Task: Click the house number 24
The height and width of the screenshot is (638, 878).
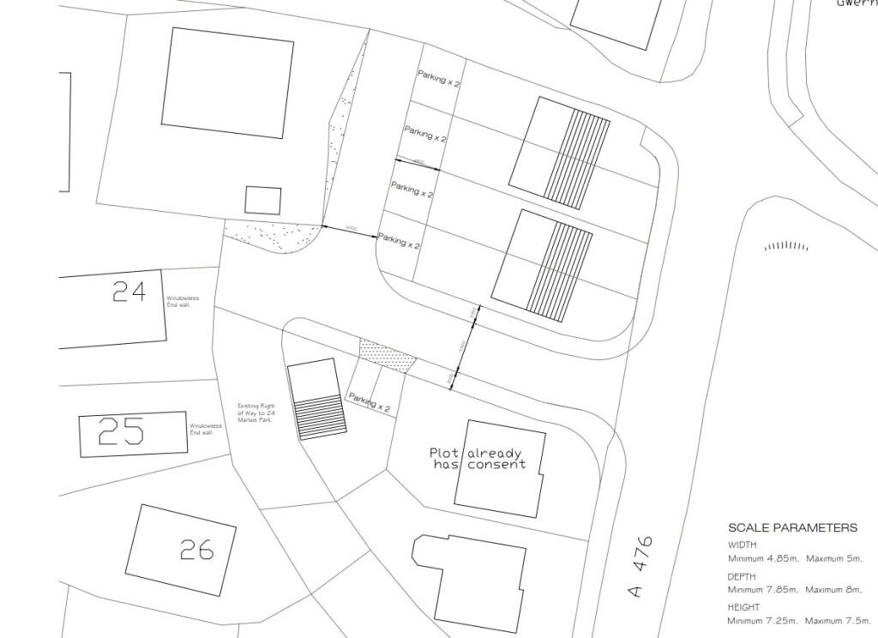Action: pos(129,292)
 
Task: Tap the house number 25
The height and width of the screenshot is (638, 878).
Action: pos(121,431)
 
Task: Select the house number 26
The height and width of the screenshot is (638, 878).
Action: pos(196,549)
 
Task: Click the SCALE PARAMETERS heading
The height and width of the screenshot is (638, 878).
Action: pos(791,528)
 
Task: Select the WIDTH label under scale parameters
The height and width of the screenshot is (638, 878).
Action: pos(743,545)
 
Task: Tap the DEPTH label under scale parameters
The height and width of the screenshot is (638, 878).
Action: pos(742,576)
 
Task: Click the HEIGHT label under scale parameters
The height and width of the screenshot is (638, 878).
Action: pos(743,607)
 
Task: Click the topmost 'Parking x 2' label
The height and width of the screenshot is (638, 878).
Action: pos(439,79)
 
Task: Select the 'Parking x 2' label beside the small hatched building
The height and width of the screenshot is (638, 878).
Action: pos(369,402)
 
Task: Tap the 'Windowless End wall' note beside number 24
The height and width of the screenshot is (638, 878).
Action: pos(183,301)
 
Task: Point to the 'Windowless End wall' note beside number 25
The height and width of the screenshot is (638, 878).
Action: pos(206,429)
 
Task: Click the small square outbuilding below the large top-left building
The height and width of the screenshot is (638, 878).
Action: pos(263,200)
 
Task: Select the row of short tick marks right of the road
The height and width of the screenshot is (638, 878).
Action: pos(786,246)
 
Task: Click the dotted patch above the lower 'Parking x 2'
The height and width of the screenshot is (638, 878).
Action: pos(388,355)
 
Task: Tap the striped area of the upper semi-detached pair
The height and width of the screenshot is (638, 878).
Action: pos(578,159)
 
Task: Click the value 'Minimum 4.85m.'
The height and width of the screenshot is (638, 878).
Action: pos(763,559)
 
